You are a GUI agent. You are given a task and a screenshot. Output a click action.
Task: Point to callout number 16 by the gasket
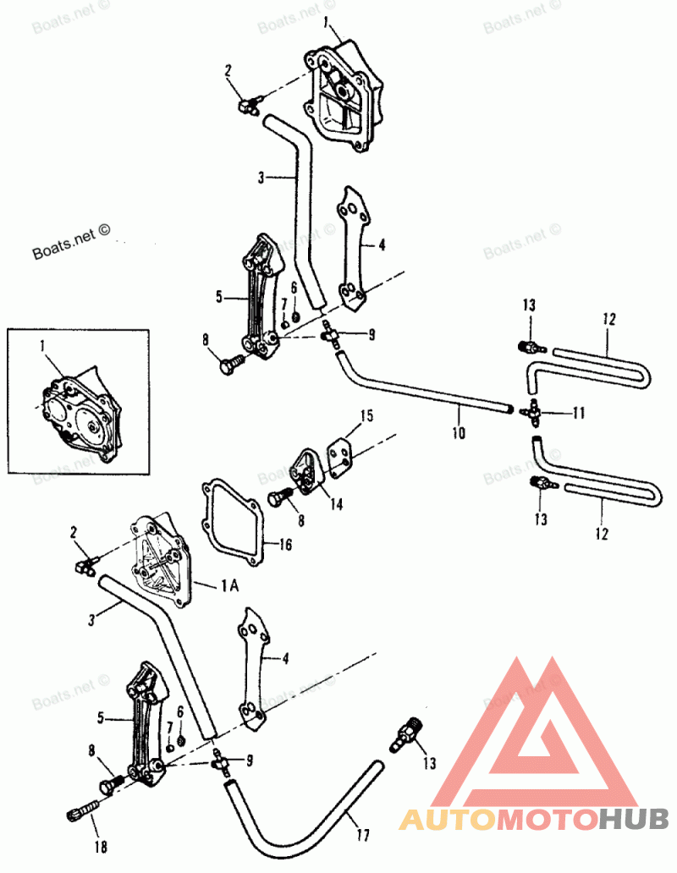284,545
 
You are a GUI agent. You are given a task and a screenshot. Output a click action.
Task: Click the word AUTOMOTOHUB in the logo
533,819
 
